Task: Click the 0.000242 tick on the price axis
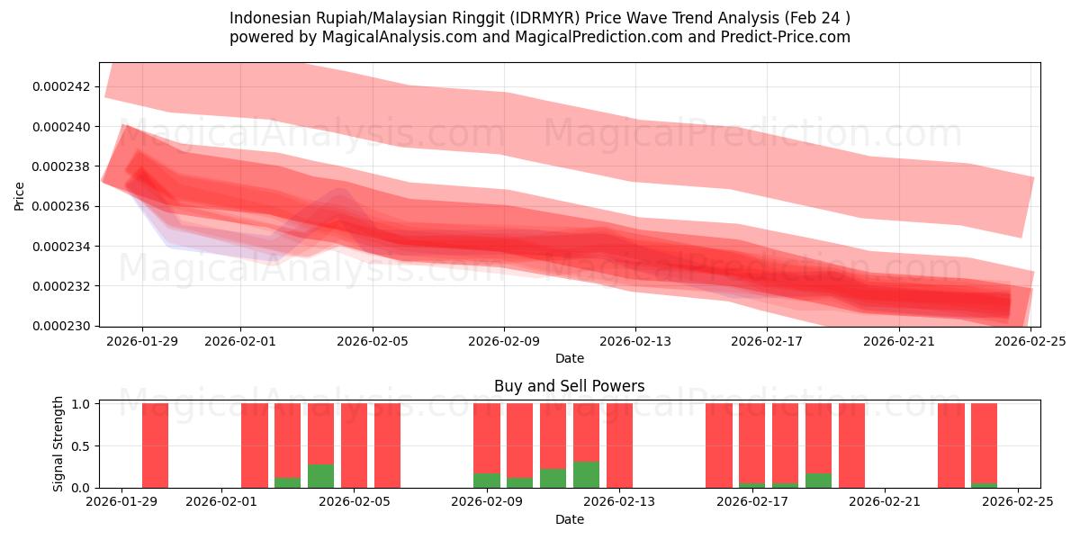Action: click(61, 87)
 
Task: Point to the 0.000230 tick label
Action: click(61, 326)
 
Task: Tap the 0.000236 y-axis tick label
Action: click(61, 207)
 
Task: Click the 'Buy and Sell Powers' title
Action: click(569, 386)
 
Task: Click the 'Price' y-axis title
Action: click(19, 194)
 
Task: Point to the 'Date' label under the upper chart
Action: click(569, 358)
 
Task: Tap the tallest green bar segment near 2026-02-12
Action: click(586, 475)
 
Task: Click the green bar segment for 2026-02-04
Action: click(320, 476)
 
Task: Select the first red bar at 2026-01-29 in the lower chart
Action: click(155, 445)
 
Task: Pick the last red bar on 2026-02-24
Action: click(984, 441)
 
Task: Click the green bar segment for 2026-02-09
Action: click(486, 481)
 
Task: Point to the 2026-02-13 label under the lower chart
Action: click(620, 502)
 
